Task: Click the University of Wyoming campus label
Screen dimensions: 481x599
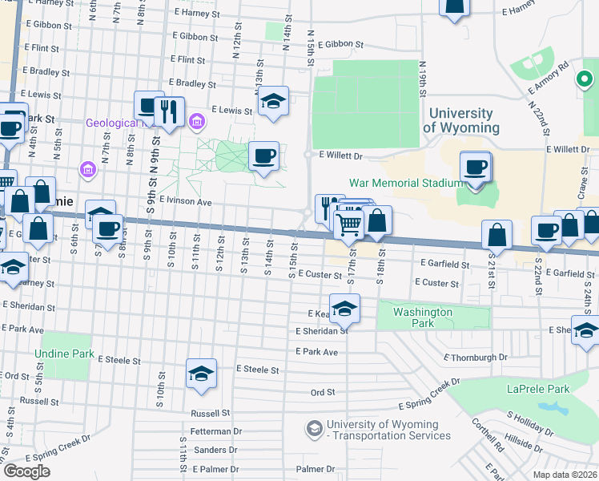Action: point(460,121)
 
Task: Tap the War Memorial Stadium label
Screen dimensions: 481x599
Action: point(405,183)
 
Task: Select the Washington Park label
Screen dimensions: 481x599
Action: point(423,317)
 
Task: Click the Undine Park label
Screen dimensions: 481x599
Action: point(64,354)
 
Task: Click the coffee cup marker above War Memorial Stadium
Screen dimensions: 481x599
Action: point(476,168)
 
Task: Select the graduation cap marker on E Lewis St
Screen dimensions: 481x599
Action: point(273,102)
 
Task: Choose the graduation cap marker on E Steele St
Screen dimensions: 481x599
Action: point(201,374)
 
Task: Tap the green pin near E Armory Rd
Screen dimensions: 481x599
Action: point(584,79)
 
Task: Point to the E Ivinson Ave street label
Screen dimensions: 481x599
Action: point(185,202)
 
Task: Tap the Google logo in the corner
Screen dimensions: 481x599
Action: point(26,471)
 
